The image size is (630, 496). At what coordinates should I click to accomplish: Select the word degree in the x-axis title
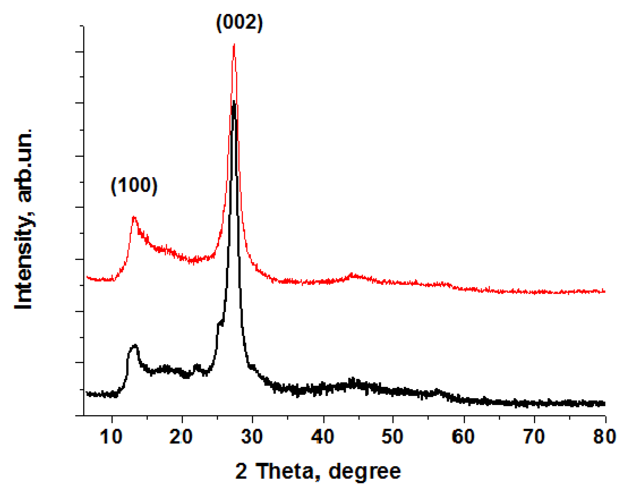pos(364,471)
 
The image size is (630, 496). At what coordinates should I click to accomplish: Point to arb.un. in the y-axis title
pos(24,166)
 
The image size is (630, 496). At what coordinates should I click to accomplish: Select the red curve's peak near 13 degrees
pos(134,217)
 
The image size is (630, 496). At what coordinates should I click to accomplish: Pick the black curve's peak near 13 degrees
pos(135,345)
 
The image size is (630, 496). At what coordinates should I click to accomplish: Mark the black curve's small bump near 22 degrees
pos(197,365)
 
